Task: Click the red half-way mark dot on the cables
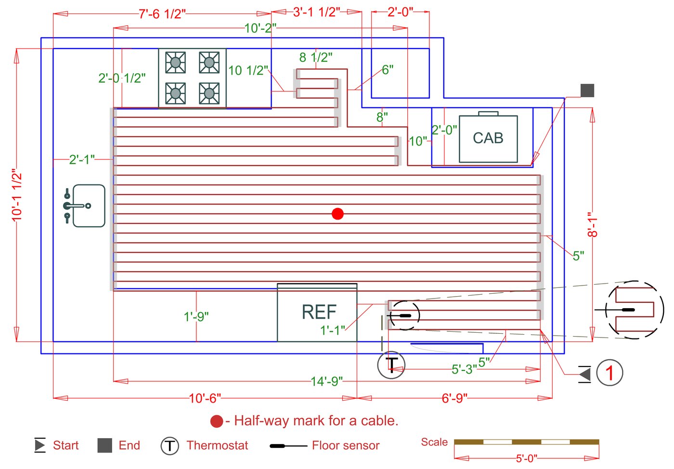pyautogui.click(x=337, y=214)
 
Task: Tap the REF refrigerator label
pyautogui.click(x=319, y=313)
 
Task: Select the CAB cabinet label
pyautogui.click(x=488, y=138)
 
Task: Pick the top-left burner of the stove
pyautogui.click(x=175, y=62)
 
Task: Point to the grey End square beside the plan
pyautogui.click(x=587, y=91)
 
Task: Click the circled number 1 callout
pyautogui.click(x=609, y=373)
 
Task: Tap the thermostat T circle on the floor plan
pyautogui.click(x=391, y=365)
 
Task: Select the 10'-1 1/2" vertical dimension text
pyautogui.click(x=17, y=195)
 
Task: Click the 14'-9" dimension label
pyautogui.click(x=327, y=381)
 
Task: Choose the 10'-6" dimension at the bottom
pyautogui.click(x=205, y=398)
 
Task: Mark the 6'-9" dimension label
pyautogui.click(x=454, y=398)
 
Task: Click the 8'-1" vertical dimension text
pyautogui.click(x=593, y=225)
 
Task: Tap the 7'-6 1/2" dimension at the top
pyautogui.click(x=162, y=14)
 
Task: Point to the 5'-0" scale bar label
pyautogui.click(x=526, y=458)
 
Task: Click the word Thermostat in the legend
pyautogui.click(x=217, y=445)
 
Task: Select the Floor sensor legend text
pyautogui.click(x=345, y=445)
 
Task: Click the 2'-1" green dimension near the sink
pyautogui.click(x=82, y=159)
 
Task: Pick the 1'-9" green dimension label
pyautogui.click(x=196, y=316)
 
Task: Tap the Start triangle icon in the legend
pyautogui.click(x=40, y=445)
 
